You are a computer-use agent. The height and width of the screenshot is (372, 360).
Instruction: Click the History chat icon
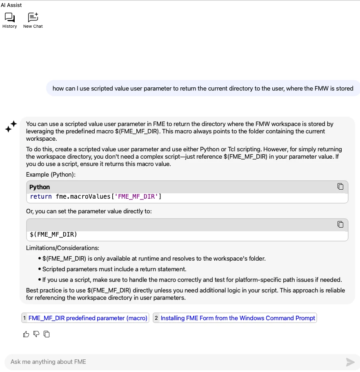click(x=9, y=18)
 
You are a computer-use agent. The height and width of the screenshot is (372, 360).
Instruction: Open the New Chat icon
click(x=33, y=18)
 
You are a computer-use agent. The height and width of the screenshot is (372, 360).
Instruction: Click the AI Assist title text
click(x=11, y=5)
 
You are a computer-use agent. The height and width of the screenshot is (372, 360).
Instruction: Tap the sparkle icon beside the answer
click(x=11, y=127)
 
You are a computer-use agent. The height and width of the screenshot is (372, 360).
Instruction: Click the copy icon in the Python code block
click(x=340, y=186)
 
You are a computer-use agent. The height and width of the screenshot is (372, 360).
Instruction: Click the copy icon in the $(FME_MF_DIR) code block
click(x=340, y=224)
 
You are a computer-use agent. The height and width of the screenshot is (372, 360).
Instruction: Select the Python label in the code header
click(x=40, y=187)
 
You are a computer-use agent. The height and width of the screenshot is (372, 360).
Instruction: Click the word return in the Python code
click(x=41, y=197)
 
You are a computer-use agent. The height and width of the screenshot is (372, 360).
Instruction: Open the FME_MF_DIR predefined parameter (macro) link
click(x=88, y=318)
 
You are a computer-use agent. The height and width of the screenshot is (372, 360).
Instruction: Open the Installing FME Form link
click(x=238, y=318)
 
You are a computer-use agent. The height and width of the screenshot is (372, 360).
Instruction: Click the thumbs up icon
click(x=26, y=334)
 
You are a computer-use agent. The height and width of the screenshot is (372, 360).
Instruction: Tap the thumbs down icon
click(x=36, y=334)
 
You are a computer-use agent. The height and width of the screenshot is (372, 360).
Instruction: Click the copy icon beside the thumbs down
click(x=47, y=334)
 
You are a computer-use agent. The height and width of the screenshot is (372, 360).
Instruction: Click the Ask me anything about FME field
click(x=171, y=362)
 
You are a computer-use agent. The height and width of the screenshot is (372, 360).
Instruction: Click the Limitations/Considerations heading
click(x=62, y=248)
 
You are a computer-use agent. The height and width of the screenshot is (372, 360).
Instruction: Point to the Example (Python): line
click(x=51, y=175)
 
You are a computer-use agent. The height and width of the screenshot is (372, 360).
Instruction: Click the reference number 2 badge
click(x=156, y=318)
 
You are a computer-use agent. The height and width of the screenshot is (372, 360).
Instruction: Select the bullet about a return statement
click(x=114, y=269)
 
